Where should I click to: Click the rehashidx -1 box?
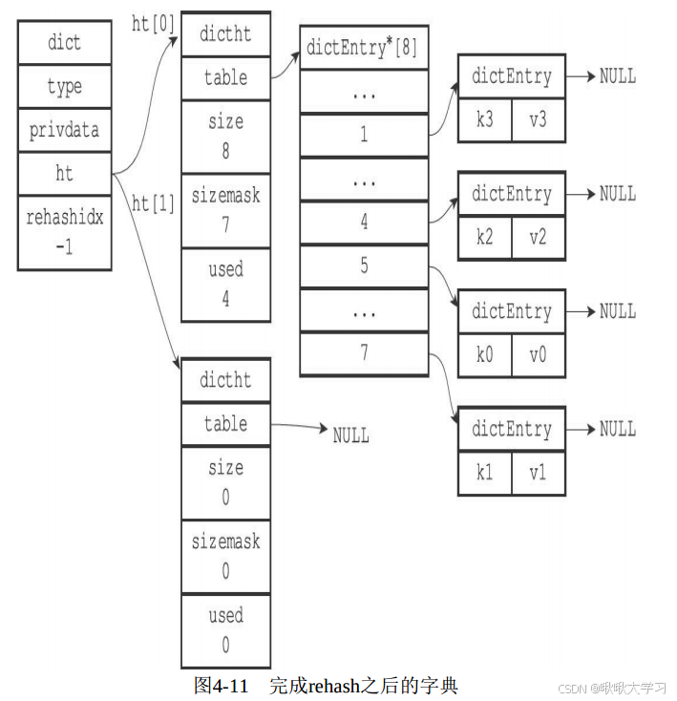coord(64,232)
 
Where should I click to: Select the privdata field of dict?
coord(64,130)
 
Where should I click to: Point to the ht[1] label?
coord(153,203)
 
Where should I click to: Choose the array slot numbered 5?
coord(363,266)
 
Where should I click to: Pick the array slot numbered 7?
coord(363,353)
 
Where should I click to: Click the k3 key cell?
coord(484,120)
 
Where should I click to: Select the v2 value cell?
coord(538,238)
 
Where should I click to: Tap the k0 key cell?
coord(484,355)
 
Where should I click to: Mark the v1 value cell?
coord(538,473)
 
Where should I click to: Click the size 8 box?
coord(225,136)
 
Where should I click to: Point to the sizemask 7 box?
coord(225,210)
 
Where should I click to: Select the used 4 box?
coord(225,284)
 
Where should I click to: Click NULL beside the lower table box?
coord(350,435)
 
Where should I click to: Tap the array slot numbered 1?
coord(363,135)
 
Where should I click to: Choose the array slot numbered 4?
coord(363,223)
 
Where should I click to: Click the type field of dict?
coord(64,87)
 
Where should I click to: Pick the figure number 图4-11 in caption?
coord(221,685)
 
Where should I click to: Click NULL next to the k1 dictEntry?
coord(617,429)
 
